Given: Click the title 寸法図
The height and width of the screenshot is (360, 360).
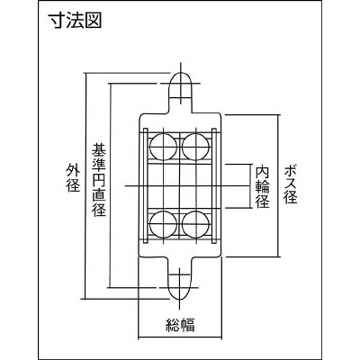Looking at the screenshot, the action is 75,22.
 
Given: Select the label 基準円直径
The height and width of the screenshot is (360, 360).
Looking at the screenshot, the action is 99,180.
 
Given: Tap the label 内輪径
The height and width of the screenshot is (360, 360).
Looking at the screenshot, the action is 263,186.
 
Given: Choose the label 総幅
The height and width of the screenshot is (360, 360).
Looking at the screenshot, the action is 180,325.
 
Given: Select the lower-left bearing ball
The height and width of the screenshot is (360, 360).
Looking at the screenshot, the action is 163,225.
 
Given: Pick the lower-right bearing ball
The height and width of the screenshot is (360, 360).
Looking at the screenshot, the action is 195,225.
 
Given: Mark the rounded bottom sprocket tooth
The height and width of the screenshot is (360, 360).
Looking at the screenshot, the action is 179,285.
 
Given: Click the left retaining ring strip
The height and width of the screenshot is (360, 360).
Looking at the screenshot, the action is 146,185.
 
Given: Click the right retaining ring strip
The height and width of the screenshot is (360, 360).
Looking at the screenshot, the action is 214,185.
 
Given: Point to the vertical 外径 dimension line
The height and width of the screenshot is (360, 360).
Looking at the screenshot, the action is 85,185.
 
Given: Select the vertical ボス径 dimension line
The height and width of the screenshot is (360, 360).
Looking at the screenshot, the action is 279,185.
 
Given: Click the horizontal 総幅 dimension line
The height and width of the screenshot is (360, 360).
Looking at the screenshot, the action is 180,337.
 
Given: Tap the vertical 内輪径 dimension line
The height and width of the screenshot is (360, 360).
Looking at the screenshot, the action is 251,186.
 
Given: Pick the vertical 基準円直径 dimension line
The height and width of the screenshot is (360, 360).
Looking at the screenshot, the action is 111,185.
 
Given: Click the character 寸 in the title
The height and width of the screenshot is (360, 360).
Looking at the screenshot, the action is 57,22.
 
